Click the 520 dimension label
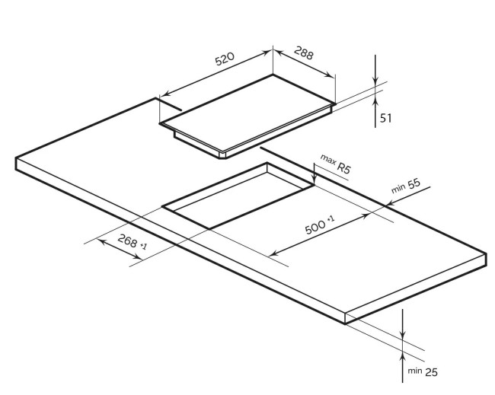225,59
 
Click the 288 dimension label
304,53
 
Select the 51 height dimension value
385,118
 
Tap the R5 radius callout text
343,167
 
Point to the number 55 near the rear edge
414,183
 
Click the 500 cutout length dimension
315,227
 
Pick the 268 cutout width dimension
127,241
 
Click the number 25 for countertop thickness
431,372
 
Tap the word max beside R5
328,159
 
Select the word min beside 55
398,188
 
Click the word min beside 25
414,371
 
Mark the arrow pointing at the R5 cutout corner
315,174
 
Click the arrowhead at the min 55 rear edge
391,203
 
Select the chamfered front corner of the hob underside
223,155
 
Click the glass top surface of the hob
247,112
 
